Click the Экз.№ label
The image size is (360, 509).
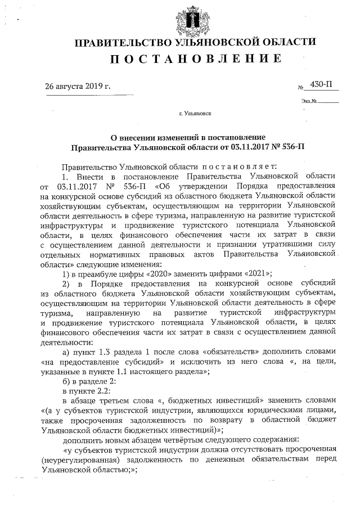coord(309,102)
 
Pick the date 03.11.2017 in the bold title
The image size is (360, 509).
coord(246,147)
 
